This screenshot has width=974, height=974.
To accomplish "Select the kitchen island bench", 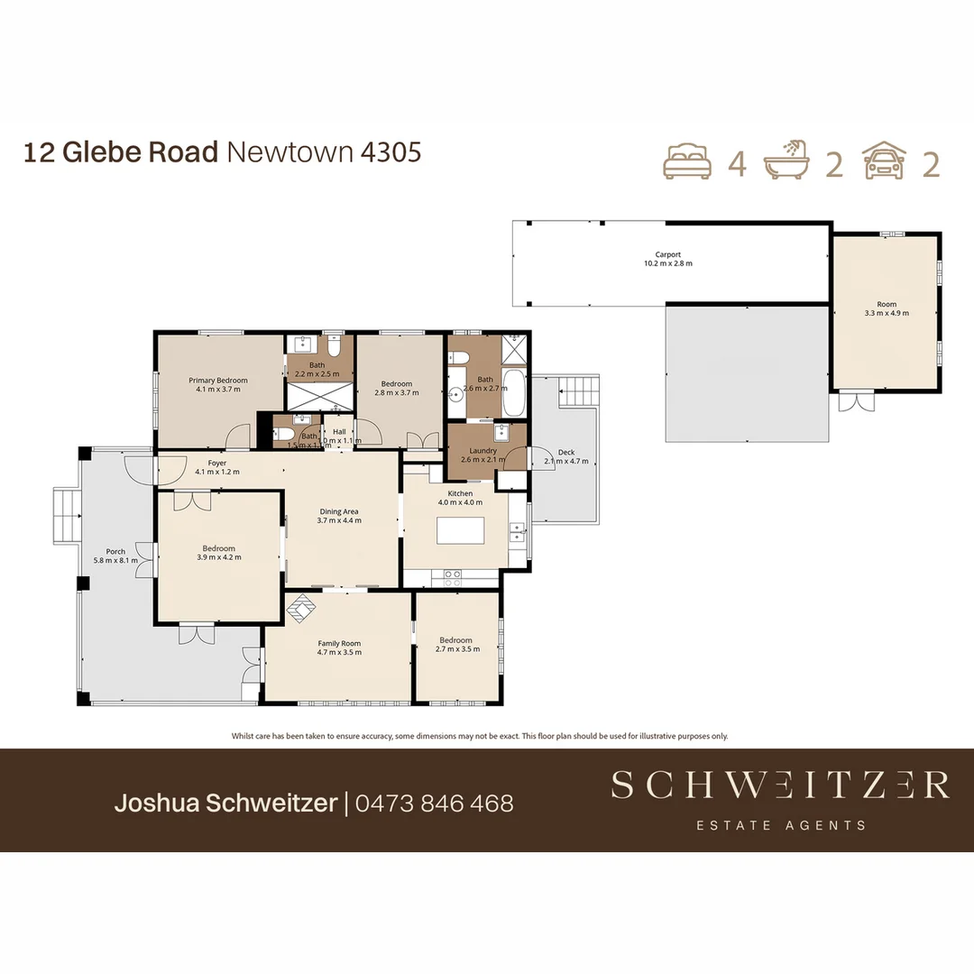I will [x=460, y=529].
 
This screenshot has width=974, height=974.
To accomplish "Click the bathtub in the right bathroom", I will [x=513, y=392].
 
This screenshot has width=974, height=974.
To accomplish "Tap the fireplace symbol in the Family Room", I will [x=301, y=610].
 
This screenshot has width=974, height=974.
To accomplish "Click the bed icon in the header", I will [x=687, y=162].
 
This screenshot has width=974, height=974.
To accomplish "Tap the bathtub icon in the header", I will [x=786, y=162].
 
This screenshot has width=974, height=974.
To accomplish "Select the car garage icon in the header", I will [x=885, y=162].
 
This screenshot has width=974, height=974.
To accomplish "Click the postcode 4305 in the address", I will [x=391, y=152].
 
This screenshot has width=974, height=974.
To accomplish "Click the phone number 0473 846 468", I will [x=435, y=803].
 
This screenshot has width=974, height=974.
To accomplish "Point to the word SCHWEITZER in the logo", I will [x=780, y=785].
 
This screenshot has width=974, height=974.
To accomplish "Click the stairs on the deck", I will [x=580, y=391].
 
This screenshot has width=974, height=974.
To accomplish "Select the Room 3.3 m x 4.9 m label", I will [x=887, y=308].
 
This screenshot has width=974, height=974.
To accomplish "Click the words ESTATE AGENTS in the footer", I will [x=781, y=825].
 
